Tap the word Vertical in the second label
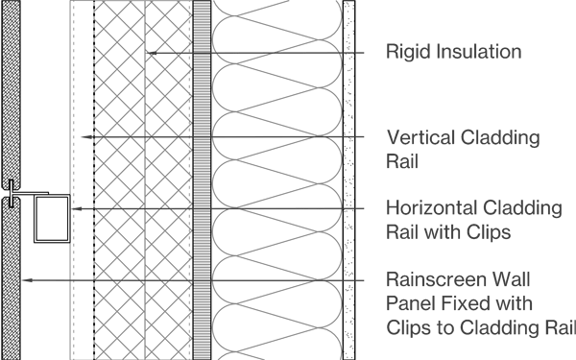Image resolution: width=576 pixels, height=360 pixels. (x=416, y=137)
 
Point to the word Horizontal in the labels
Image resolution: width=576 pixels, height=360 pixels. (x=428, y=208)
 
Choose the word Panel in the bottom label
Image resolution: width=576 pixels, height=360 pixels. (x=408, y=303)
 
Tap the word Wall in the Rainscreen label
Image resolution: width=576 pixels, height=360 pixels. (x=502, y=280)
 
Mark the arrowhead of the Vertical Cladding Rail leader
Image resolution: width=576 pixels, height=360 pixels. (x=84, y=137)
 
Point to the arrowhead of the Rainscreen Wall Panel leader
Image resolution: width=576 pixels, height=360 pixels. (x=26, y=280)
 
